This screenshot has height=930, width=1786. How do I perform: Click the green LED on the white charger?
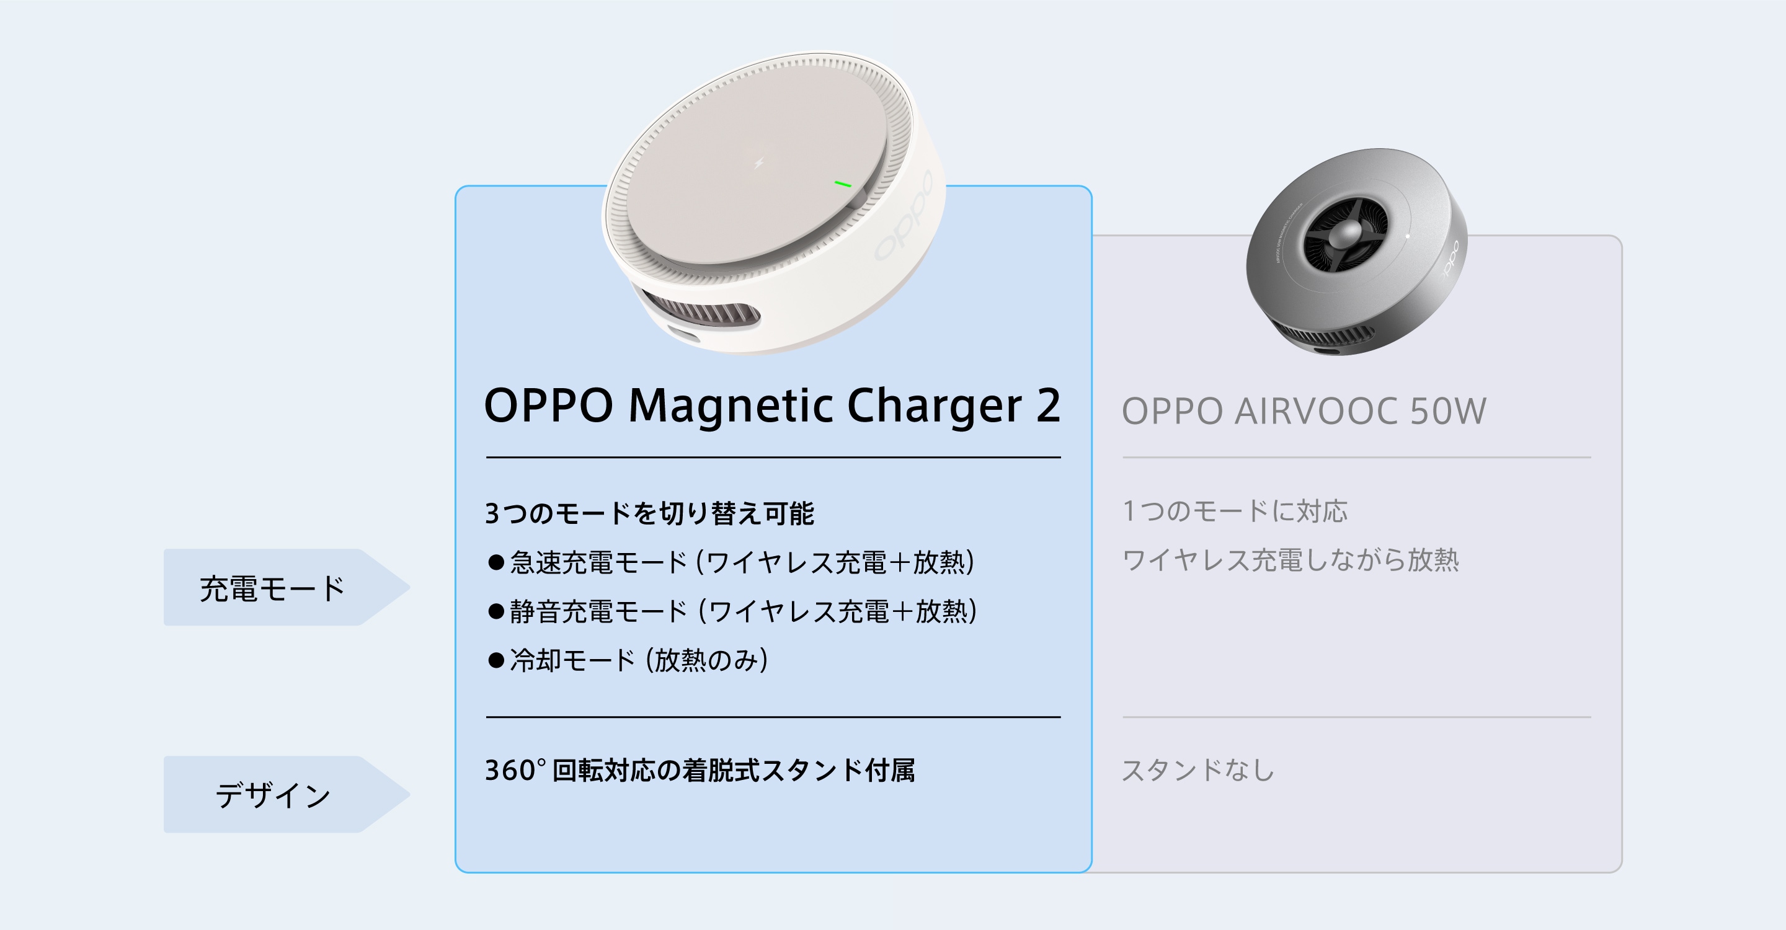coord(842,184)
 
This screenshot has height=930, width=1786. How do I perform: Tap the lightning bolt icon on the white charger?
coord(758,163)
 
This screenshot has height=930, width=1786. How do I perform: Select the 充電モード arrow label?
coord(287,588)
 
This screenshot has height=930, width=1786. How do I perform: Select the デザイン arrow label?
coord(287,794)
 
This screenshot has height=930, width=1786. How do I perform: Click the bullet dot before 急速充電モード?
coord(495,562)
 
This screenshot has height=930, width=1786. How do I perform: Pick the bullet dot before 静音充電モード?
coord(495,611)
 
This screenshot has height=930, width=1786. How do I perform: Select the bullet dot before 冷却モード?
coord(495,660)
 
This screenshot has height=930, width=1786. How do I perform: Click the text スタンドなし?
coord(1198,770)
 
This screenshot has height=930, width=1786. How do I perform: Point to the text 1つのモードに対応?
coord(1235,511)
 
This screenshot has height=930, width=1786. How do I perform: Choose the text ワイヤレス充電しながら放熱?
coord(1291,560)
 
